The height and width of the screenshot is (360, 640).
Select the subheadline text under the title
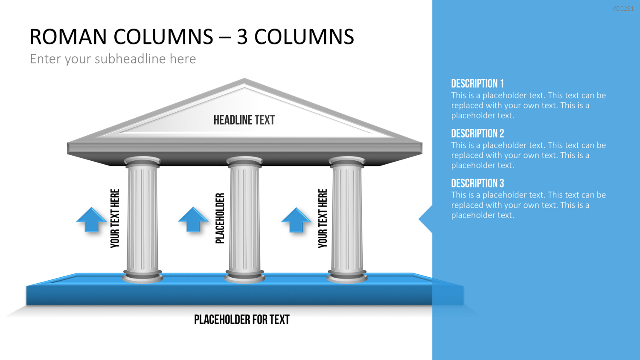coord(113,59)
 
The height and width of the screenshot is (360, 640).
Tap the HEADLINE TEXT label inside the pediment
coord(244,120)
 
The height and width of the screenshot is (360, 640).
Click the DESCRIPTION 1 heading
coord(477,84)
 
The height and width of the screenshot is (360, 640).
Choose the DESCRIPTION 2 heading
coord(477,133)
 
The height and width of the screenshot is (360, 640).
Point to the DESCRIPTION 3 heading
coord(477,183)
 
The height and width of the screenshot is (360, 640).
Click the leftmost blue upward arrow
coord(91,219)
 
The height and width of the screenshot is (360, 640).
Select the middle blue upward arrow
coord(193,219)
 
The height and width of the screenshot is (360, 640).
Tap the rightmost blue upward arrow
coord(296,220)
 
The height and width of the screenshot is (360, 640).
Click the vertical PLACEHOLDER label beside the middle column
coord(220,218)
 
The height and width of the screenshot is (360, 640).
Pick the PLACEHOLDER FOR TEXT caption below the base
coord(242,319)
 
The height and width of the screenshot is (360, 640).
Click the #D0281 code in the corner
coord(623,9)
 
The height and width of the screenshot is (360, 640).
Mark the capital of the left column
coord(142,162)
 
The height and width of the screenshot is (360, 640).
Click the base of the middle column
coord(244,276)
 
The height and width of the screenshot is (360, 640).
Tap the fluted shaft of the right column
coord(347,218)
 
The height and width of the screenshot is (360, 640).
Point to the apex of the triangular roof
coord(244,78)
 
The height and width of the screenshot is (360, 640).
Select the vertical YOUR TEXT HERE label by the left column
coord(115,218)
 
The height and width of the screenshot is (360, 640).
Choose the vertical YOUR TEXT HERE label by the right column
coord(323,218)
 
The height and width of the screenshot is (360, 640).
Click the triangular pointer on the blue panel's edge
coord(426,219)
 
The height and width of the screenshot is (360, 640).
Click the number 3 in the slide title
coord(242,37)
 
